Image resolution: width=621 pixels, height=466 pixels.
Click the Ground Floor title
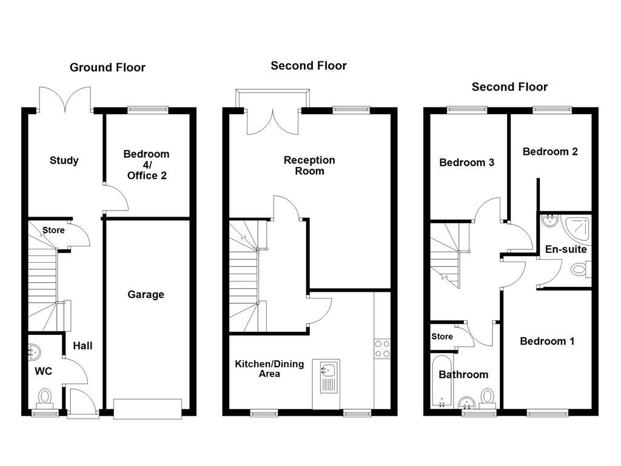pos(107,67)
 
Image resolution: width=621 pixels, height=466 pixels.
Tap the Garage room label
pos(146,295)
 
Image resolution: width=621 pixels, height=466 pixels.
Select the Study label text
pos(64,161)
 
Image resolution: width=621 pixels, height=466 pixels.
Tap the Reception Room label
pos(309,166)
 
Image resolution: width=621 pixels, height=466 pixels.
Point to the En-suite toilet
pos(581,268)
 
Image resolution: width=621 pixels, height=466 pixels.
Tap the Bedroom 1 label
pos(547,342)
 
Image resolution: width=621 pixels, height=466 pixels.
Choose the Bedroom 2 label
pos(550,152)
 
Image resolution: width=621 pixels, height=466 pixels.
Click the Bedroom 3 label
pos(466,163)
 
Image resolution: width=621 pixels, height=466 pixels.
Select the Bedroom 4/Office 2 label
pos(146,165)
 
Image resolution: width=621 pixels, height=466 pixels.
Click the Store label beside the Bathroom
pos(442,337)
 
